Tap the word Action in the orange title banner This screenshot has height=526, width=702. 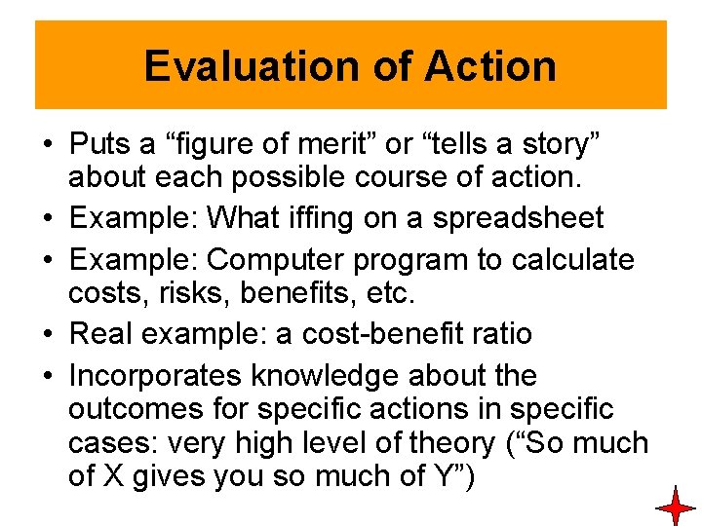pos(490,66)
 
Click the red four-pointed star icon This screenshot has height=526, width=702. pos(675,507)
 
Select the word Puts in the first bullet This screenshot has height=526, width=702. pos(101,144)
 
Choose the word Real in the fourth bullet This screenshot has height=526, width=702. pos(102,334)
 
